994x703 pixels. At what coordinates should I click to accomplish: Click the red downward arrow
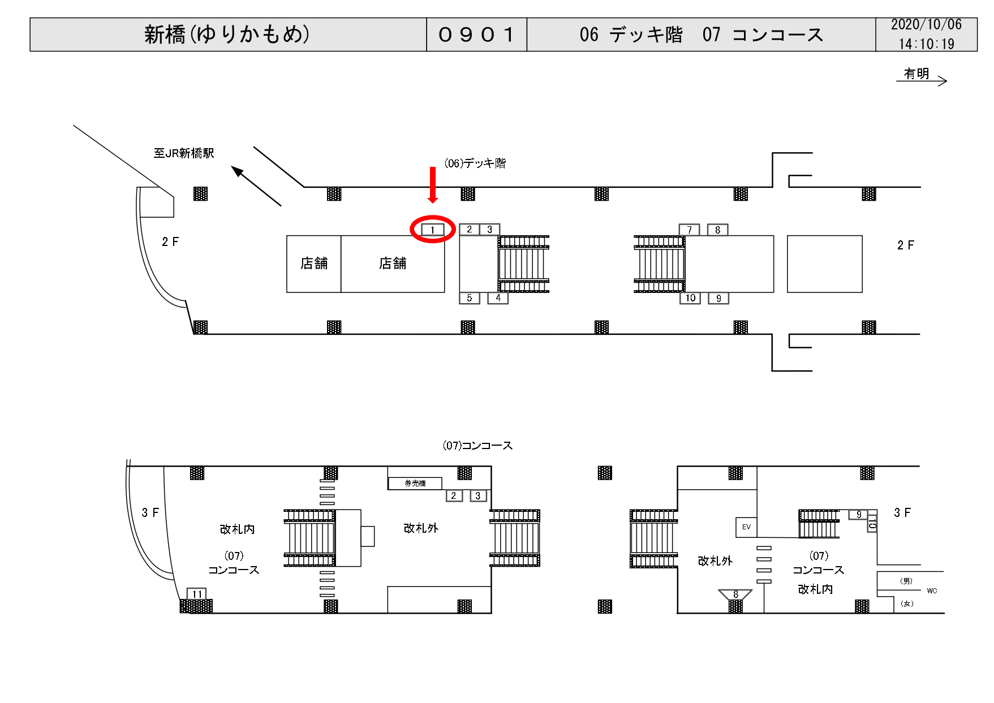coord(433,184)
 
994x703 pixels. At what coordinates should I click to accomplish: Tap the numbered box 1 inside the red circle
coord(433,230)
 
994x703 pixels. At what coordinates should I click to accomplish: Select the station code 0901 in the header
coord(476,34)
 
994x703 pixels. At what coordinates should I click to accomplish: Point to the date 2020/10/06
coord(926,25)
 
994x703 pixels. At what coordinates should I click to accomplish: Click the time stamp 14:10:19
coord(926,44)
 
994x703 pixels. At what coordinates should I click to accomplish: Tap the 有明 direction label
coord(916,74)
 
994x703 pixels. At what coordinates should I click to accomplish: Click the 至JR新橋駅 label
coord(184,153)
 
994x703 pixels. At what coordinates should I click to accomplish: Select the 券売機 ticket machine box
coord(415,483)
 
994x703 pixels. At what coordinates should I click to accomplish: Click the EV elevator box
coord(746,527)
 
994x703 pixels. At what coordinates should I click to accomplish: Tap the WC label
coord(932,590)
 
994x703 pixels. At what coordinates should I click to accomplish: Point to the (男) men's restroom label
coord(906,581)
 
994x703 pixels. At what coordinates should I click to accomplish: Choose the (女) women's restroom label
coord(907,603)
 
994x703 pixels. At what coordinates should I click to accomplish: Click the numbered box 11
coord(197,594)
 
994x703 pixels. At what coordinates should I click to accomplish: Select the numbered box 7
coord(689,230)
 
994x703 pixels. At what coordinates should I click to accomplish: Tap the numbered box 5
coord(469,298)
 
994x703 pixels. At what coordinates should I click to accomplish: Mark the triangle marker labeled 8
coord(735,594)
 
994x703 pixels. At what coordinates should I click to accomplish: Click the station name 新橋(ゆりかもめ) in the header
coord(227,34)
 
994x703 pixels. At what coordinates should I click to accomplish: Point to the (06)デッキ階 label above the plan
coord(475,163)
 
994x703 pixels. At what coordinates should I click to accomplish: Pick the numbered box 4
coord(498,298)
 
